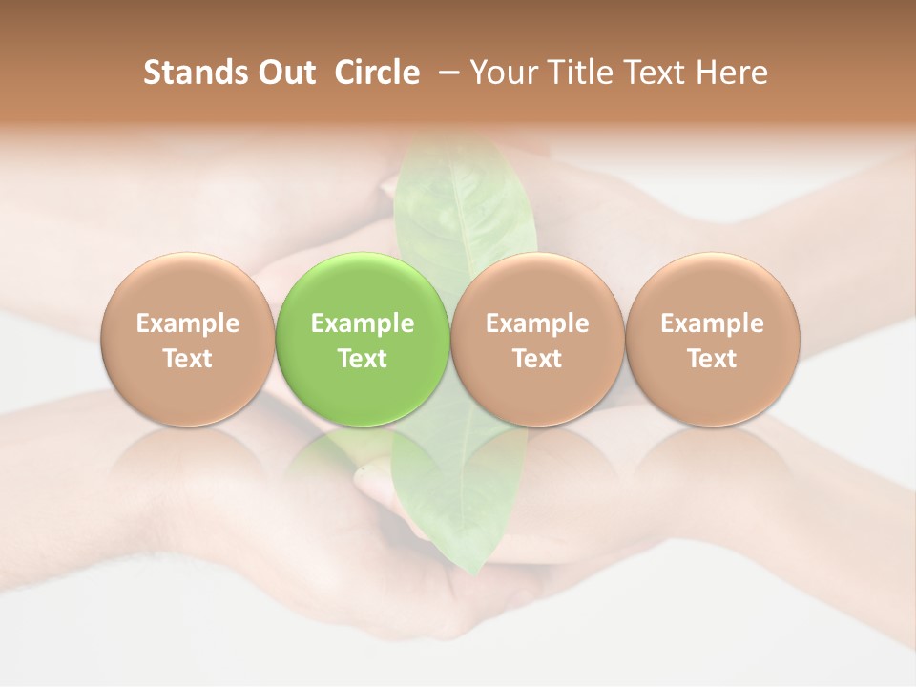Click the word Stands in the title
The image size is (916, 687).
point(193,73)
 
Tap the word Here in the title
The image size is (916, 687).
point(731,73)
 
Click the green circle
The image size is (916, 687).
point(363,340)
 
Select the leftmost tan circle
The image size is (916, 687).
point(188,340)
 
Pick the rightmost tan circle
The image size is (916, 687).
point(713,340)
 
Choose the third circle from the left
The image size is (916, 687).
point(537,340)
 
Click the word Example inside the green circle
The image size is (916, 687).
point(363,323)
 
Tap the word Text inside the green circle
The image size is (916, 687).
point(363,359)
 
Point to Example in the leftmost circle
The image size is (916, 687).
point(188,323)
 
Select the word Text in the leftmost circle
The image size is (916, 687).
point(188,359)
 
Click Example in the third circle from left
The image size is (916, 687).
point(537,323)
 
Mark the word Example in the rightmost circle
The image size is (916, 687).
point(713,323)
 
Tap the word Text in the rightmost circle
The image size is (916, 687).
point(713,359)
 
